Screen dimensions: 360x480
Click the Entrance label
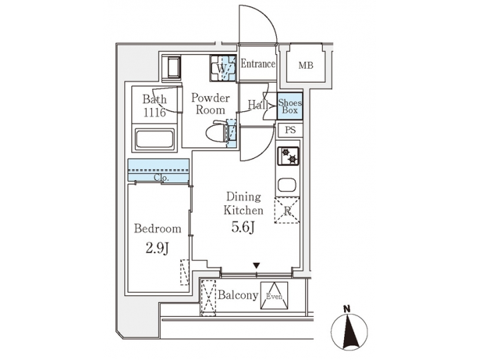tap(258, 65)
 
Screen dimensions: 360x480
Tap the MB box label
tap(305, 65)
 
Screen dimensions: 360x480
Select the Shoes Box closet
tap(290, 107)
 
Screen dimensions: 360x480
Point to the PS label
tap(290, 131)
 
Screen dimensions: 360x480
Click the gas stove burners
tap(290, 157)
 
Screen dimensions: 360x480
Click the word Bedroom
tap(158, 229)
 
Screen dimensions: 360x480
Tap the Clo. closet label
tap(161, 178)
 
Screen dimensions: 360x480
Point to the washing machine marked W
tap(223, 68)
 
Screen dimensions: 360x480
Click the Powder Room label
tap(210, 104)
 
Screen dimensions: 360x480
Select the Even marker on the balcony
tap(275, 296)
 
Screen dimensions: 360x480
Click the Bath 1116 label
tap(155, 107)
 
